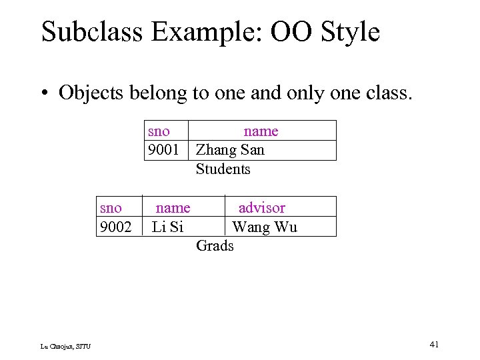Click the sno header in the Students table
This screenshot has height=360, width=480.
pos(159,131)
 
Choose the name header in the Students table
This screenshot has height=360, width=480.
pos(261,131)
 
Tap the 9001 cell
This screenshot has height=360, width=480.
pos(163,150)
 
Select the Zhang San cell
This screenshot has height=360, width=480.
pos(230,150)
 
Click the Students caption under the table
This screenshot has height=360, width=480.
pos(223,169)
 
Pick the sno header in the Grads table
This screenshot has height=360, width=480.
pos(111,208)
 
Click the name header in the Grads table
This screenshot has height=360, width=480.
pos(173,208)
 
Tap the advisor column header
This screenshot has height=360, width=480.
pos(261,208)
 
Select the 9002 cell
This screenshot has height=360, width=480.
pos(115,227)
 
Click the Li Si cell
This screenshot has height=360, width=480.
pos(167,227)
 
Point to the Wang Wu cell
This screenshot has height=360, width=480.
pos(265,227)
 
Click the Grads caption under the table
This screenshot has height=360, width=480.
pos(215,245)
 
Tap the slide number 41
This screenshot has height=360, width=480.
pos(434,344)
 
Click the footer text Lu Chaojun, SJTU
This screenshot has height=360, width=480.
pos(66,346)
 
